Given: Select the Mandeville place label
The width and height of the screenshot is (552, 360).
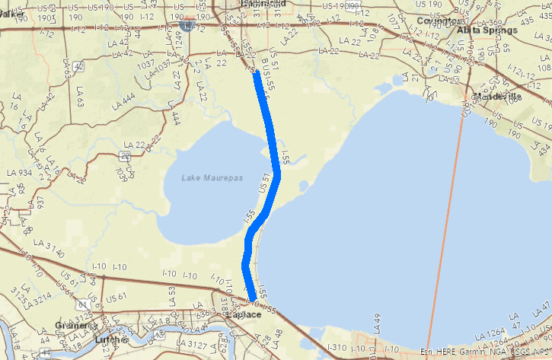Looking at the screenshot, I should [496, 97].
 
